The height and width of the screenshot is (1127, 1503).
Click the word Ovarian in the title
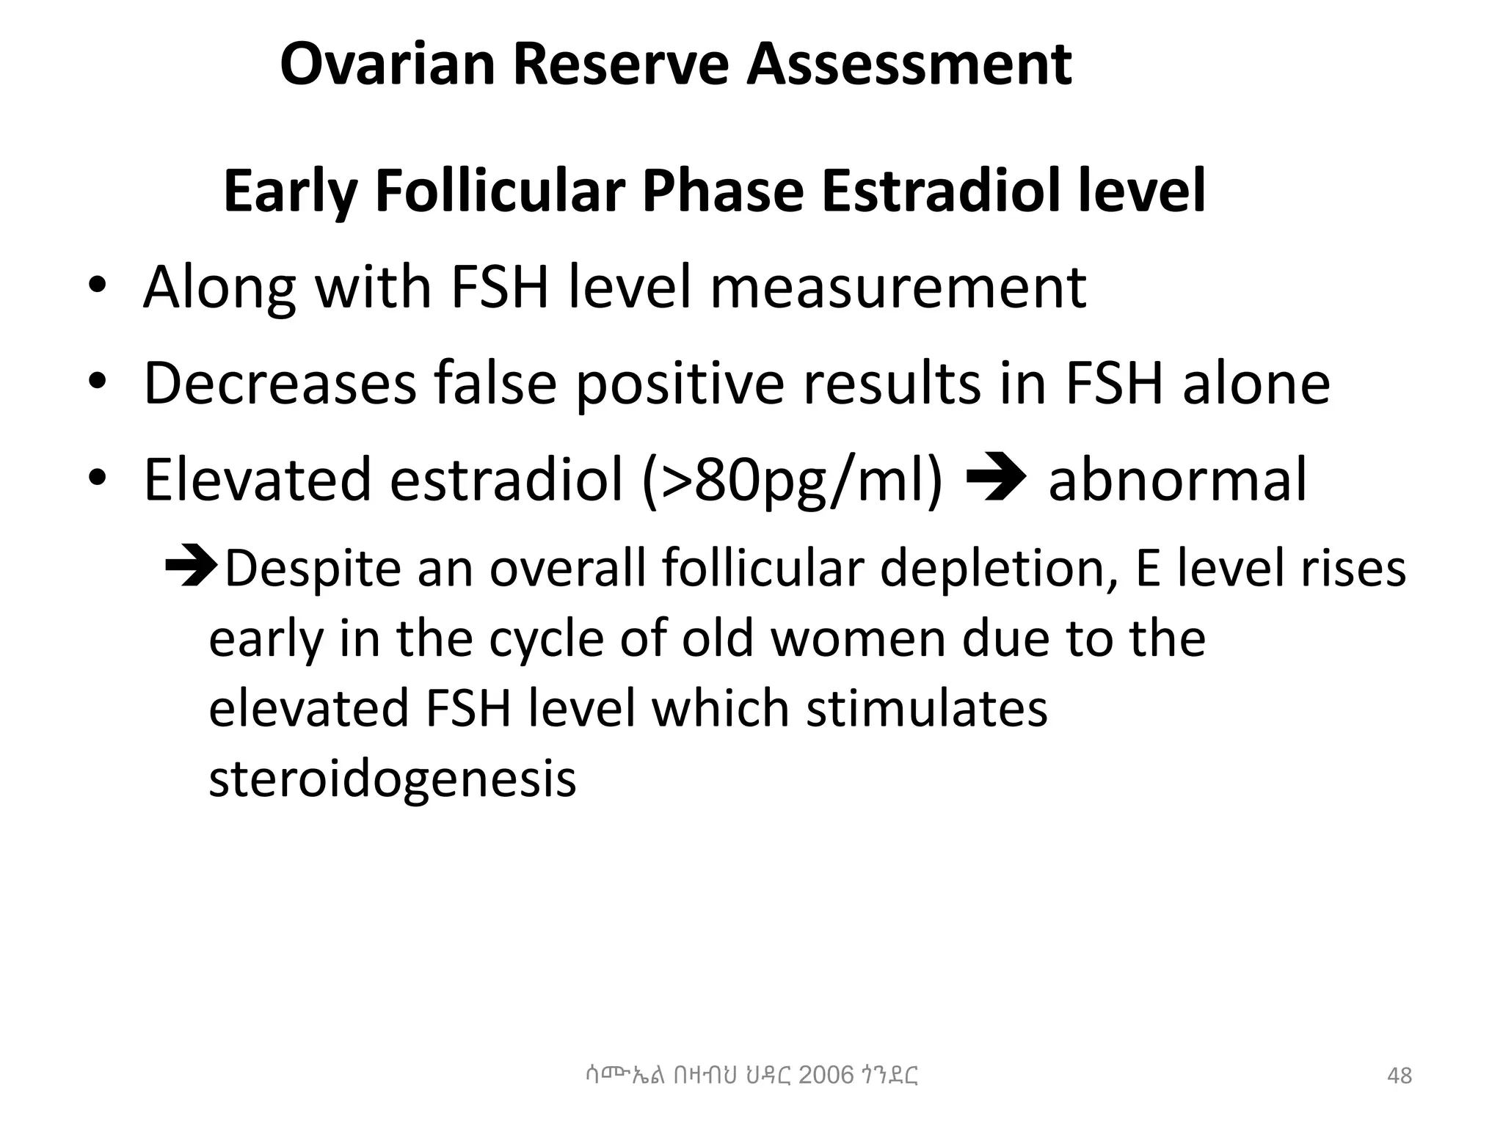[387, 65]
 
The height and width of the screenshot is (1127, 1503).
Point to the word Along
[219, 288]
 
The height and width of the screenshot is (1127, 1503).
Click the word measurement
[898, 288]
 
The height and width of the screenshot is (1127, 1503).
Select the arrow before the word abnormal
[997, 479]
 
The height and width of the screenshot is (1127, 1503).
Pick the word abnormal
[1177, 480]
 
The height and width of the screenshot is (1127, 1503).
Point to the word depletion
[999, 569]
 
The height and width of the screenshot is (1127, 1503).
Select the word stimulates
[927, 708]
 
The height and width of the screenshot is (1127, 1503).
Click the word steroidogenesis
[392, 778]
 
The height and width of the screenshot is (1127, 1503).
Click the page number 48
[1400, 1076]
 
